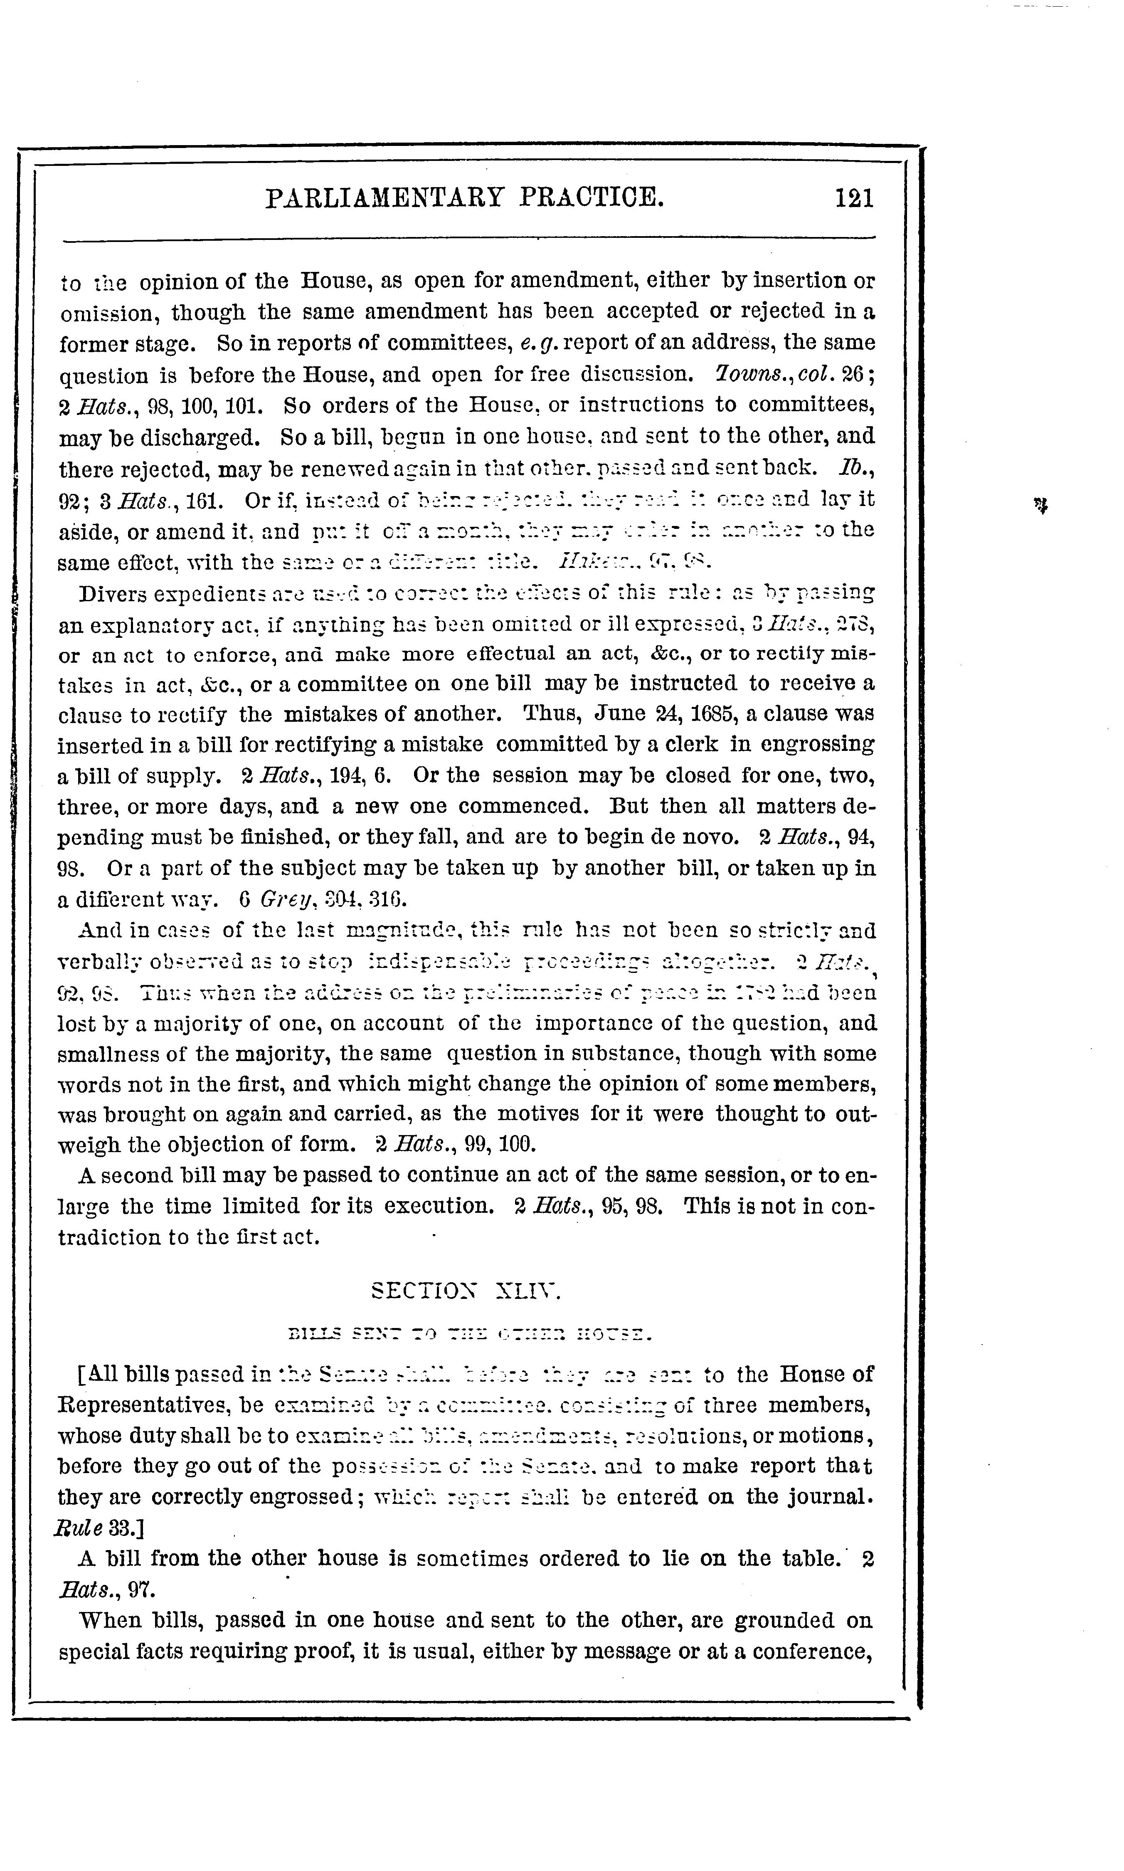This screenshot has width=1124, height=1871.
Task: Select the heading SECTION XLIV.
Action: point(466,1291)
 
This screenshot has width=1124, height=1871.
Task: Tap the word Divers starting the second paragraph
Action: point(116,592)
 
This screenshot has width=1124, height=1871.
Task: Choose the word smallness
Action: point(108,1054)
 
